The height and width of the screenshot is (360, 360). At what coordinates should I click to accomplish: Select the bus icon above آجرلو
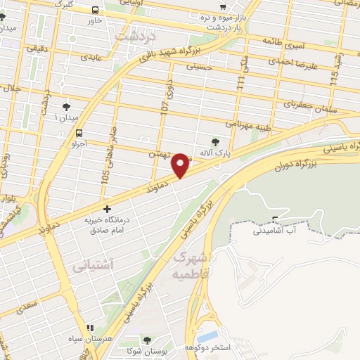click(x=79, y=132)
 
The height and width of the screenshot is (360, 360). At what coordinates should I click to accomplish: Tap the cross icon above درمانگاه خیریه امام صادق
click(x=106, y=209)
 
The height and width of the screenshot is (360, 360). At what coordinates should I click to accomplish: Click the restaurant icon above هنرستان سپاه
click(x=90, y=328)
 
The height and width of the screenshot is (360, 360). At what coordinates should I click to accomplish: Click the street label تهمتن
click(x=160, y=153)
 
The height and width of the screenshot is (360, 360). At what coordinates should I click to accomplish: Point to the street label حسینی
click(x=199, y=67)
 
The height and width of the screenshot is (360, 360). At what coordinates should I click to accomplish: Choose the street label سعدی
click(x=29, y=307)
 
